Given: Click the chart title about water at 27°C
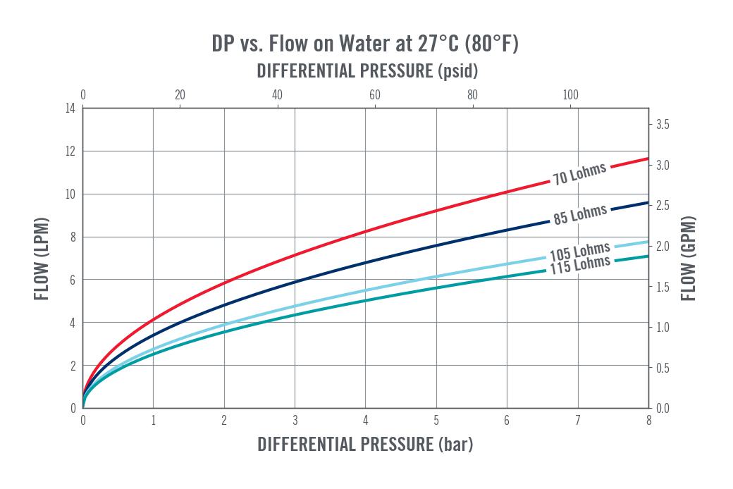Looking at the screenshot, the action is pyautogui.click(x=365, y=44).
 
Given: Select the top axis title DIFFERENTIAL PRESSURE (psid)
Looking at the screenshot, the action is pyautogui.click(x=367, y=71).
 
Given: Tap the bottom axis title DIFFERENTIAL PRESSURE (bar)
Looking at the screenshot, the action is pyautogui.click(x=365, y=444).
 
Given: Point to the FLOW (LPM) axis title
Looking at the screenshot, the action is pyautogui.click(x=42, y=259).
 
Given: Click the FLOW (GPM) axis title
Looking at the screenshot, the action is pyautogui.click(x=688, y=259).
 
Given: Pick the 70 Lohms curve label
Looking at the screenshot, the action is pyautogui.click(x=579, y=173).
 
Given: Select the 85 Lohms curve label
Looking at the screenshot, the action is pyautogui.click(x=580, y=214).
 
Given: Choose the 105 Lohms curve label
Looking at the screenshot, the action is pyautogui.click(x=580, y=252).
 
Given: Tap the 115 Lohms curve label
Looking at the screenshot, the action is pyautogui.click(x=580, y=265).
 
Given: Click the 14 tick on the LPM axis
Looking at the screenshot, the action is pyautogui.click(x=70, y=109).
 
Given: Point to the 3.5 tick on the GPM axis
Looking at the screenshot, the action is pyautogui.click(x=663, y=124).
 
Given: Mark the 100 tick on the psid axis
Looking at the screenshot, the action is pyautogui.click(x=570, y=95).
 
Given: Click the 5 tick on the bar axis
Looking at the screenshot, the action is pyautogui.click(x=436, y=421).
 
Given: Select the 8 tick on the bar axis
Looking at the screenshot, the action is pyautogui.click(x=649, y=421).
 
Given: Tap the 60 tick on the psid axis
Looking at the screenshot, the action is pyautogui.click(x=375, y=95).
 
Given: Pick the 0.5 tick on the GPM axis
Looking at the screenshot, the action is pyautogui.click(x=663, y=368).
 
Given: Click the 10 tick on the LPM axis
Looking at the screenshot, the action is pyautogui.click(x=70, y=194).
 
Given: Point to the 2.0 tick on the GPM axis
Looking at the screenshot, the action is pyautogui.click(x=663, y=247).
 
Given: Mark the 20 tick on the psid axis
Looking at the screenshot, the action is pyautogui.click(x=180, y=95).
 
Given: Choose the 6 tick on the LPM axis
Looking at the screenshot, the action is pyautogui.click(x=73, y=280).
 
